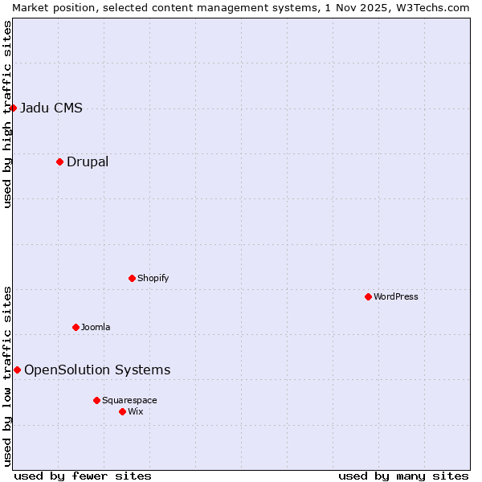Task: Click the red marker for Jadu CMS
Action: [13, 108]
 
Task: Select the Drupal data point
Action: [59, 161]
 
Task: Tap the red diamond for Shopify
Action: [132, 278]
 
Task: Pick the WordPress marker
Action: [368, 296]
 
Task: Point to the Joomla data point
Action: [76, 327]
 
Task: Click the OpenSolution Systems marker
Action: [17, 370]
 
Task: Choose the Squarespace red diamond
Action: [96, 400]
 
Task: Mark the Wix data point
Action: [122, 411]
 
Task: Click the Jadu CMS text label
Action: [51, 108]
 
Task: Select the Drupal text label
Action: [88, 162]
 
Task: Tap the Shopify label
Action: [153, 279]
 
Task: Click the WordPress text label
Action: [396, 297]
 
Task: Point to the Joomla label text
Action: [96, 328]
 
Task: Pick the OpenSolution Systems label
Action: [97, 370]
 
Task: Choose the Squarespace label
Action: [129, 401]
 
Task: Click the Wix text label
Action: [136, 412]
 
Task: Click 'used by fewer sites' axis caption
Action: [83, 476]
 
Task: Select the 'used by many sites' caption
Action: [403, 476]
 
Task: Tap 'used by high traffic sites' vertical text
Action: [7, 114]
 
